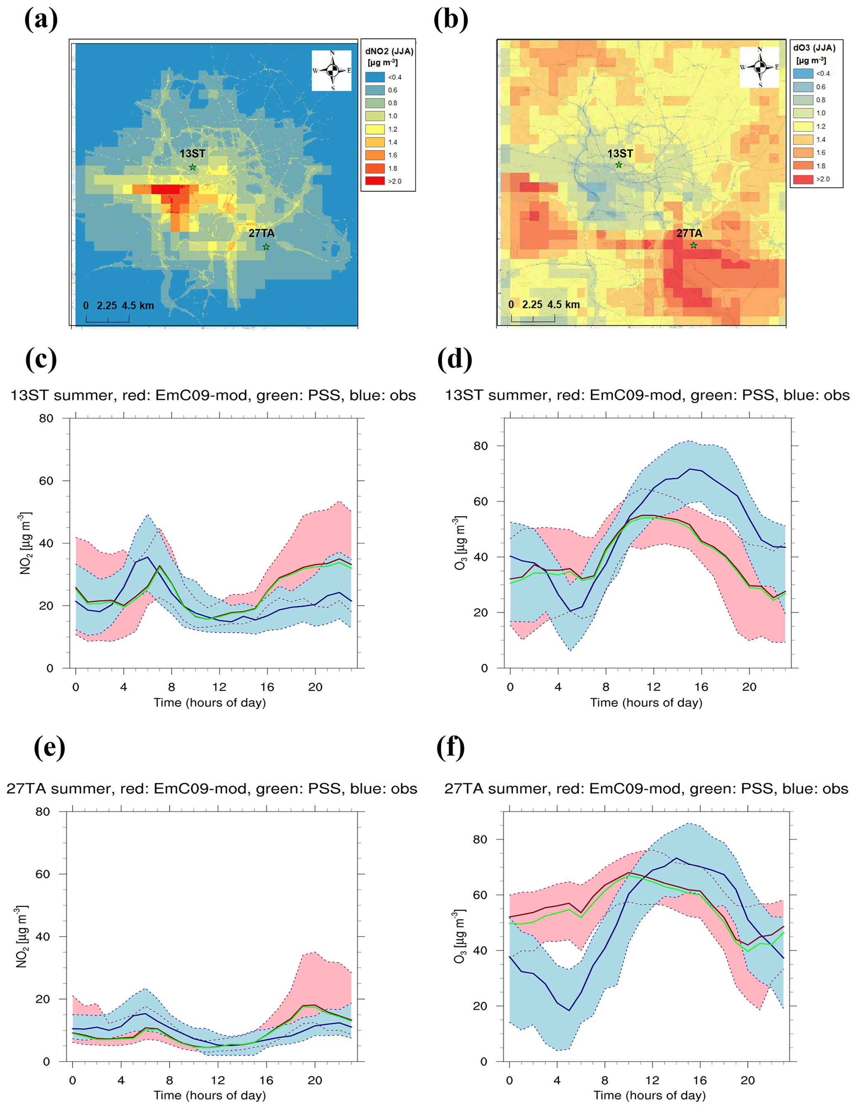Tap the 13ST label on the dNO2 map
(192, 153)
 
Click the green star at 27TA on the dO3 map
(693, 245)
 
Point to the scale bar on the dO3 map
(533, 319)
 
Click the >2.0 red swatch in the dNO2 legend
(375, 181)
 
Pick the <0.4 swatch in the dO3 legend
(803, 74)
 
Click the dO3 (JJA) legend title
(814, 48)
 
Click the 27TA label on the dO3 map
(689, 233)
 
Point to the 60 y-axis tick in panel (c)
(46, 481)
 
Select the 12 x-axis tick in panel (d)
(654, 687)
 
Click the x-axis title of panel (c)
(209, 702)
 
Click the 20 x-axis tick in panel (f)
(747, 1081)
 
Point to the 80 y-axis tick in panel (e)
(43, 811)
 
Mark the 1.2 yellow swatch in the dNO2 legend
(375, 129)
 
